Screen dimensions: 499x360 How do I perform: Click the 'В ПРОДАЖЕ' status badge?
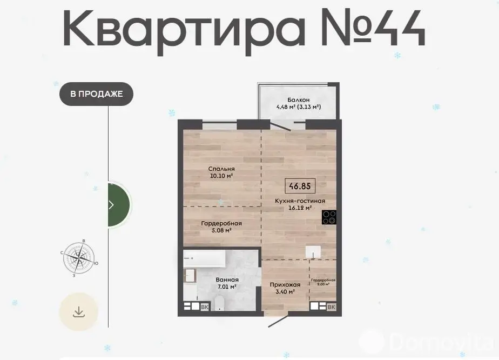tap(97, 94)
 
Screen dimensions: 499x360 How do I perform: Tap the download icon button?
tap(79, 311)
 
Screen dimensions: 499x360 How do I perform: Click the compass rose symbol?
tap(79, 258)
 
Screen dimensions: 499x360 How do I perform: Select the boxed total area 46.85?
tap(300, 186)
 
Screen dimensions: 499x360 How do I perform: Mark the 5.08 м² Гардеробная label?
tap(221, 226)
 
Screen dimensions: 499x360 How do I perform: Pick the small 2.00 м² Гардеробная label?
tap(323, 282)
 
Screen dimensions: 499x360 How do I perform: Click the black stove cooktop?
tap(329, 217)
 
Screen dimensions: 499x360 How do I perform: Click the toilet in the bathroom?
tap(219, 303)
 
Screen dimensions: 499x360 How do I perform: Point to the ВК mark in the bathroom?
tap(205, 307)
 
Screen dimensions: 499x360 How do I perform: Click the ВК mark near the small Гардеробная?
tap(331, 307)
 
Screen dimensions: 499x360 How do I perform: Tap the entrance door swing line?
tap(279, 321)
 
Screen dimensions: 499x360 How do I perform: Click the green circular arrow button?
tap(119, 204)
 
